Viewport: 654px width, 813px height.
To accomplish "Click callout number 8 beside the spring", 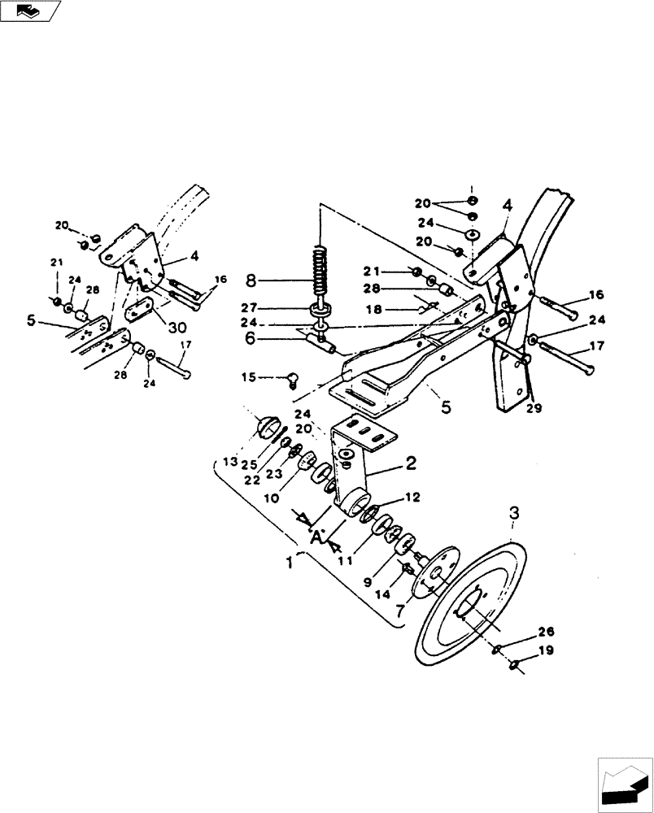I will pyautogui.click(x=251, y=280).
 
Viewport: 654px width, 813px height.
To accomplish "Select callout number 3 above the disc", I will pyautogui.click(x=514, y=514).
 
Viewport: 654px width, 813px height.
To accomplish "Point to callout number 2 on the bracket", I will pyautogui.click(x=412, y=464).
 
